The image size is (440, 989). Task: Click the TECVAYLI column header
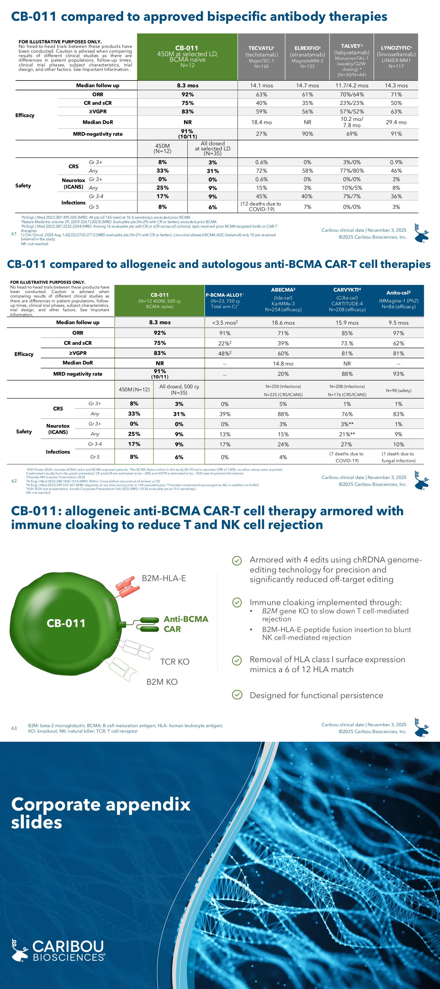(x=261, y=56)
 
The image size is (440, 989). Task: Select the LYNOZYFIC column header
(x=396, y=56)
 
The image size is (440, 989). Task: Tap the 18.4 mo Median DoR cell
(x=261, y=122)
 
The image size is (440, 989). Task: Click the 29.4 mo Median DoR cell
(x=396, y=122)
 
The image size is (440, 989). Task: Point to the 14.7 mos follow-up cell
(x=308, y=86)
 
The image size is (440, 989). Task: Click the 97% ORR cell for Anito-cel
(x=398, y=333)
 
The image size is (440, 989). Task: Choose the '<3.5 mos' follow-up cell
(x=224, y=323)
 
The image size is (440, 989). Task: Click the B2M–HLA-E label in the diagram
(x=164, y=578)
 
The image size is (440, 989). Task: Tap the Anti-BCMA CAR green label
(x=186, y=624)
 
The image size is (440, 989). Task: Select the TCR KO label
(x=174, y=662)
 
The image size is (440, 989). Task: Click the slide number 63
(x=14, y=728)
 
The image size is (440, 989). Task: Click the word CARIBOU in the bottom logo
(x=68, y=945)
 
